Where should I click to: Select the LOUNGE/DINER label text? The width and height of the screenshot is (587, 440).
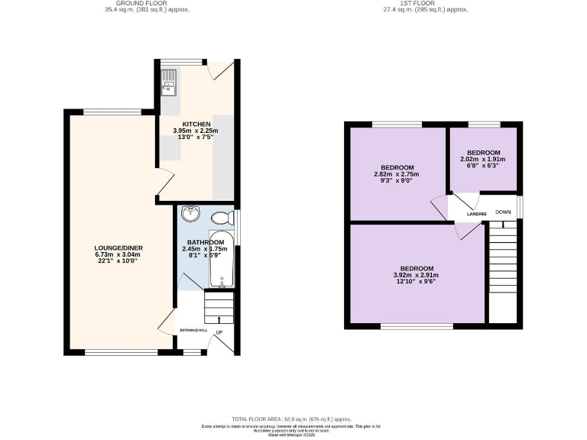point(119,248)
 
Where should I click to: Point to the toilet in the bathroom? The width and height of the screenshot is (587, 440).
point(221,217)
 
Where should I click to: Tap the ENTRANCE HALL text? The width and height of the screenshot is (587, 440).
point(194,330)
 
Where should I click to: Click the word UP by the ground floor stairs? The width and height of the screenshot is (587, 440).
point(219,332)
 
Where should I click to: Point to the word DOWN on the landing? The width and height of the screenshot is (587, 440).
point(503,212)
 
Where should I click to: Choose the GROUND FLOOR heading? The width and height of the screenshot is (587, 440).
point(147,3)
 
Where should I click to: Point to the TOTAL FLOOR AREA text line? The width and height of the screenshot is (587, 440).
point(293,420)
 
